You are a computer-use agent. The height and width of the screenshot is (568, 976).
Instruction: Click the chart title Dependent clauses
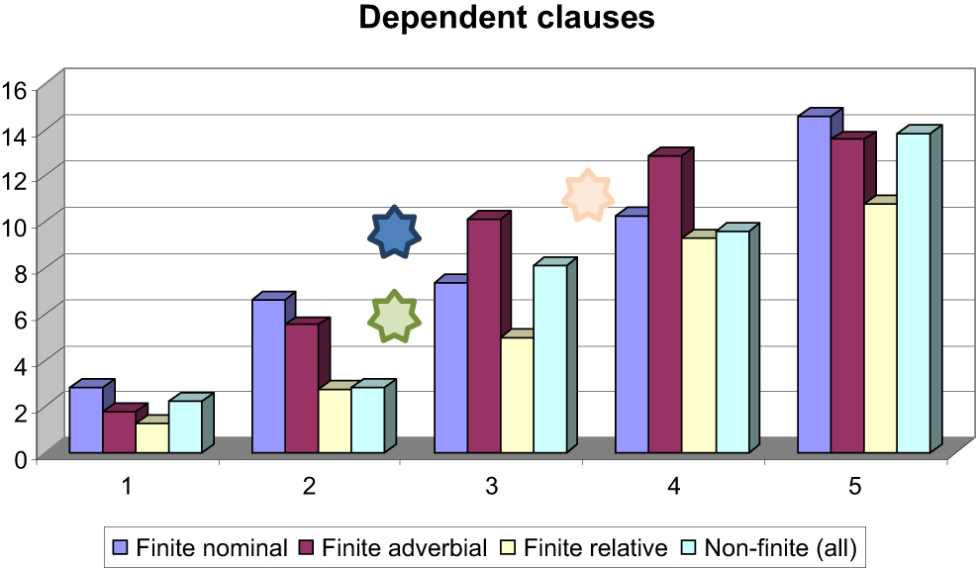(x=506, y=18)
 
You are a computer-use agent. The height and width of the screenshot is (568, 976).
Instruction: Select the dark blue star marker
(x=395, y=234)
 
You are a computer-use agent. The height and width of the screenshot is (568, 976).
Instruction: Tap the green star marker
(x=395, y=318)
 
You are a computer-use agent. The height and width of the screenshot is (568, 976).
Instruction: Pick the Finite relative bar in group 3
(x=517, y=395)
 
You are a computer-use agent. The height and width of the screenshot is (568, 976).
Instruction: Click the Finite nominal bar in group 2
(x=268, y=376)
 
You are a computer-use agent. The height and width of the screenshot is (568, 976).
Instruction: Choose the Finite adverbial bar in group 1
(x=119, y=432)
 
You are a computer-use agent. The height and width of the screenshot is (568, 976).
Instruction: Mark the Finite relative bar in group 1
(x=151, y=437)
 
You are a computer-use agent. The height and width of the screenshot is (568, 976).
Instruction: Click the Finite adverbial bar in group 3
(x=483, y=336)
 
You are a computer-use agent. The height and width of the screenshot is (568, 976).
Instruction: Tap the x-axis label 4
(x=673, y=486)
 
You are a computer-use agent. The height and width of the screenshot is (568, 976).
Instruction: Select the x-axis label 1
(x=127, y=486)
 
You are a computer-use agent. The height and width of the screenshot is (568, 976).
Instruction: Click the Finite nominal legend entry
(x=202, y=546)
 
